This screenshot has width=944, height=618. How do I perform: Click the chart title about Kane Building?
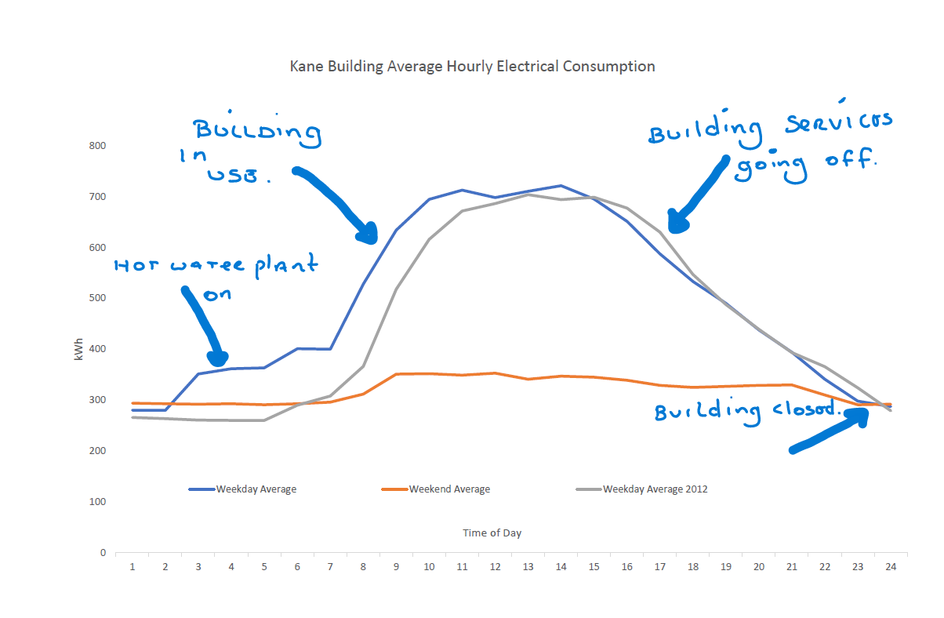(x=472, y=67)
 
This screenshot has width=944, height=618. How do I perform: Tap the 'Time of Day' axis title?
(x=492, y=533)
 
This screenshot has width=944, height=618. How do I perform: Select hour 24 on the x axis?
(x=891, y=566)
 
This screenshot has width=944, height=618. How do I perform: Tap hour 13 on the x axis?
(x=528, y=566)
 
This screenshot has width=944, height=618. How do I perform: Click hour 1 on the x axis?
(x=132, y=566)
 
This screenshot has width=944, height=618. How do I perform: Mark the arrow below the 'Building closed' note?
(x=831, y=432)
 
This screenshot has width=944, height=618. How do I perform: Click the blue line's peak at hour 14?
(x=561, y=186)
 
